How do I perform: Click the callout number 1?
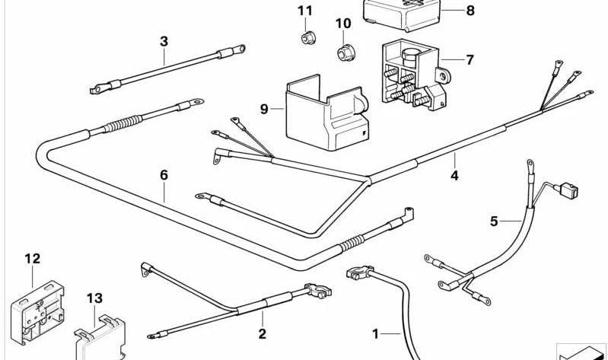coord(374,333)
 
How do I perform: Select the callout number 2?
coord(262,333)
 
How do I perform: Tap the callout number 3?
coord(164,40)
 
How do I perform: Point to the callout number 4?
coord(454,176)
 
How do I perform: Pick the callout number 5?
coord(494,221)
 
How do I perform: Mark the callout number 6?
coord(164,175)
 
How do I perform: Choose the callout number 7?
coord(470,59)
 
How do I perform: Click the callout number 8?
coord(470,11)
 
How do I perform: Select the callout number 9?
coord(264,110)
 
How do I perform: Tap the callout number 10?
coord(343,24)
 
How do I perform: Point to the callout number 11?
coord(305,11)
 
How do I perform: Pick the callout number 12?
coord(31,259)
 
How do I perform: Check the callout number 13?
coord(94,298)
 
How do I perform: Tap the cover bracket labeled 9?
coord(323,112)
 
